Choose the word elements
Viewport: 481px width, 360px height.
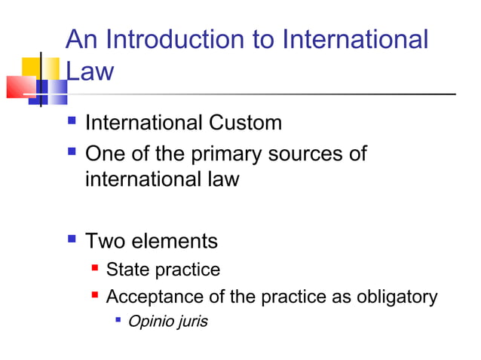tap(173, 241)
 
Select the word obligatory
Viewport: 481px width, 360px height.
tap(395, 297)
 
